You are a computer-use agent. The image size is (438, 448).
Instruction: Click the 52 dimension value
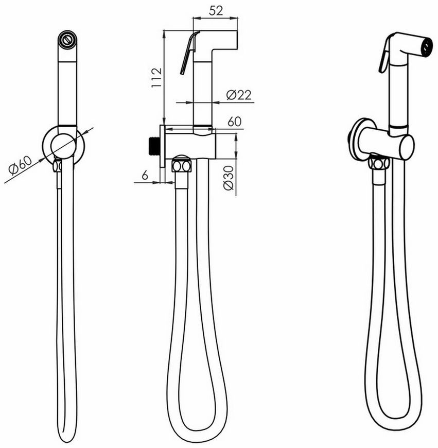(216, 11)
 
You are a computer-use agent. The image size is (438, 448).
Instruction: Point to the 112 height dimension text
(156, 78)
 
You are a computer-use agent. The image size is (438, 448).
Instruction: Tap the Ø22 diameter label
(239, 95)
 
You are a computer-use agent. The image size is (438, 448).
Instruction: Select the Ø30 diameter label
(229, 178)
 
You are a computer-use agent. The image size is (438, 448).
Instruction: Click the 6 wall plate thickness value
(145, 175)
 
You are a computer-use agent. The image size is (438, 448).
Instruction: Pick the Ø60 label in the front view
(20, 166)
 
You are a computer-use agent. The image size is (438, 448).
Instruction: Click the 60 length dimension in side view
(234, 122)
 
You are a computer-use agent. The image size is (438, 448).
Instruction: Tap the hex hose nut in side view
(182, 166)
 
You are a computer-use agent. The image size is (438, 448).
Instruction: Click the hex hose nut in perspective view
(379, 164)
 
